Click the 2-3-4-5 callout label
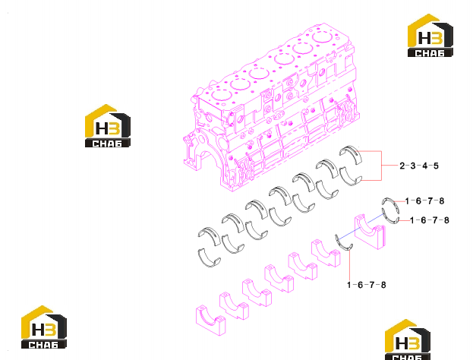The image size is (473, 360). click(419, 166)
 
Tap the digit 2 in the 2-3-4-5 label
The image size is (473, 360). click(402, 166)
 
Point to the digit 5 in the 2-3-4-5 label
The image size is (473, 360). click(436, 166)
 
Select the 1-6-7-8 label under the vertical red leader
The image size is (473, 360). click(366, 285)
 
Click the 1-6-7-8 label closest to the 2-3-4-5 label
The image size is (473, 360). click(424, 201)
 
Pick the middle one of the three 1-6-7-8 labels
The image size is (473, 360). click(430, 220)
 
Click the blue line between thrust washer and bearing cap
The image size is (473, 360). click(361, 226)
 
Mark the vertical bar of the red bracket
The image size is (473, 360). click(381, 166)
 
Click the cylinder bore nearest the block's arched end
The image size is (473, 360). click(222, 96)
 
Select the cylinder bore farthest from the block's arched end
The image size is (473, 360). click(323, 37)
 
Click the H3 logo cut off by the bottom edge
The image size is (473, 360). click(408, 339)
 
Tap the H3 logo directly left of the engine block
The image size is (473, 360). click(108, 126)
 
